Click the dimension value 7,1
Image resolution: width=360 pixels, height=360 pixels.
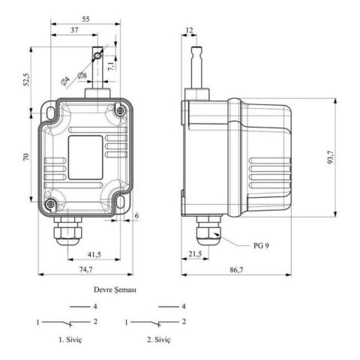[110, 65]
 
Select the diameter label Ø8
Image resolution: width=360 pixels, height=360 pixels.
[81, 75]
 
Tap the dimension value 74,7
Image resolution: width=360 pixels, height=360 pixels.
[85, 269]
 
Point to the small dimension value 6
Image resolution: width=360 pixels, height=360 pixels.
[136, 216]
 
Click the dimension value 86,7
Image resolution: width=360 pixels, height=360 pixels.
[237, 269]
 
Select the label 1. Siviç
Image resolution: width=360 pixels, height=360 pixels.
[73, 340]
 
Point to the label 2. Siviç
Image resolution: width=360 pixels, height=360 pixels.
[158, 340]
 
